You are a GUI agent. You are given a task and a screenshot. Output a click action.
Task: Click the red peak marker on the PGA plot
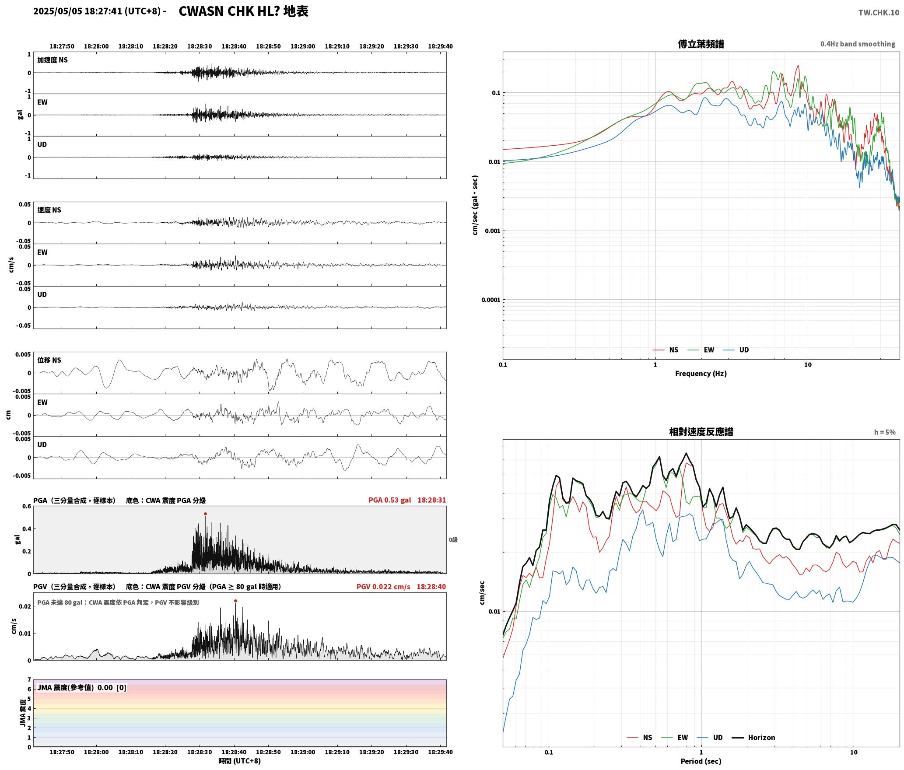pos(205,514)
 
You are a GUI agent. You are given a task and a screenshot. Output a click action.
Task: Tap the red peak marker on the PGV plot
pos(235,601)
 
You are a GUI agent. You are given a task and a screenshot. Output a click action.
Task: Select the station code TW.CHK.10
pos(879,13)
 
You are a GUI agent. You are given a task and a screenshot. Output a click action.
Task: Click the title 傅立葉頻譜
pos(701,44)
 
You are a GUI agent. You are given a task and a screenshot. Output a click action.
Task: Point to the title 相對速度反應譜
pos(701,432)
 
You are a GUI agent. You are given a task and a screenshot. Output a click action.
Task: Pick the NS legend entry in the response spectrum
pos(639,738)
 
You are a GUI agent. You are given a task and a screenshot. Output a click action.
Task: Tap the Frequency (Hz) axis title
pos(701,374)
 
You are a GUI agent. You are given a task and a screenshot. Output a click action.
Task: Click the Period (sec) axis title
pos(701,761)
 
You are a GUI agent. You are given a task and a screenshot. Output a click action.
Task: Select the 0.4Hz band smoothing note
pos(858,44)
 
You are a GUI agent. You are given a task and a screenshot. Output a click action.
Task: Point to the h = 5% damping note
pos(885,432)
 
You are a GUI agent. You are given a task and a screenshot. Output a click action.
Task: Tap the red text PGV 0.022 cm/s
pos(383,587)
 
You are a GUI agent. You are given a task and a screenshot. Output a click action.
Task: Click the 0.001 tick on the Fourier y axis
pos(492,231)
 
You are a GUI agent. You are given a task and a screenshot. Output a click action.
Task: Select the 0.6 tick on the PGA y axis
pos(27,507)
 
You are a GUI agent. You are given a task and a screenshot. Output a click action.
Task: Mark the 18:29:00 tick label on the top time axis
pos(303,46)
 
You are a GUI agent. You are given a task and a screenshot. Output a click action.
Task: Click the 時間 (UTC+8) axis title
pos(240,761)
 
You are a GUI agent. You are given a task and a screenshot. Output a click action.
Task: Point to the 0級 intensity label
pos(453,540)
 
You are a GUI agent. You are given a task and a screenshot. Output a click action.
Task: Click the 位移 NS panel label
pos(49,360)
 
